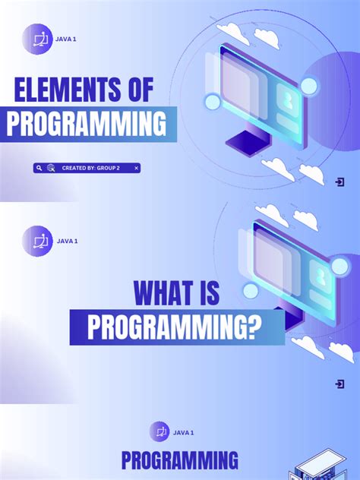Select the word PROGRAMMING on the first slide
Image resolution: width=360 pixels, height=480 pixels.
[x=86, y=124]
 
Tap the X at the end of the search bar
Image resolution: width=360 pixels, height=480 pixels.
[x=136, y=168]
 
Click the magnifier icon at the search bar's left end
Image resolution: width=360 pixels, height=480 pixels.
[x=39, y=168]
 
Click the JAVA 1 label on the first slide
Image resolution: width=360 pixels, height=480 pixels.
[x=66, y=39]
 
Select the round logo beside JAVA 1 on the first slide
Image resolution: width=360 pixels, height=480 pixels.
[x=37, y=39]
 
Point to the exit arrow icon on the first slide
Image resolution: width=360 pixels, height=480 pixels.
[x=339, y=182]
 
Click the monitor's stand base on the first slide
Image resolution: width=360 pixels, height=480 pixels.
[x=245, y=141]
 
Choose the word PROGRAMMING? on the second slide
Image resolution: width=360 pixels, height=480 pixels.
[x=174, y=327]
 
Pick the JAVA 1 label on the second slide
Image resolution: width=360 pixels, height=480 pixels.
[x=67, y=241]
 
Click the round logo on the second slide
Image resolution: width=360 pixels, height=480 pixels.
[x=37, y=241]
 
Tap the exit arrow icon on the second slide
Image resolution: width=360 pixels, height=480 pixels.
[x=339, y=384]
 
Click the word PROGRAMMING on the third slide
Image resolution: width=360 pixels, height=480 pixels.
[x=180, y=460]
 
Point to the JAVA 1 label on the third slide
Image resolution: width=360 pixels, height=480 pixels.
[x=183, y=432]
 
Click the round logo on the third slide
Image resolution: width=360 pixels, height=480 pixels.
[x=159, y=431]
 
